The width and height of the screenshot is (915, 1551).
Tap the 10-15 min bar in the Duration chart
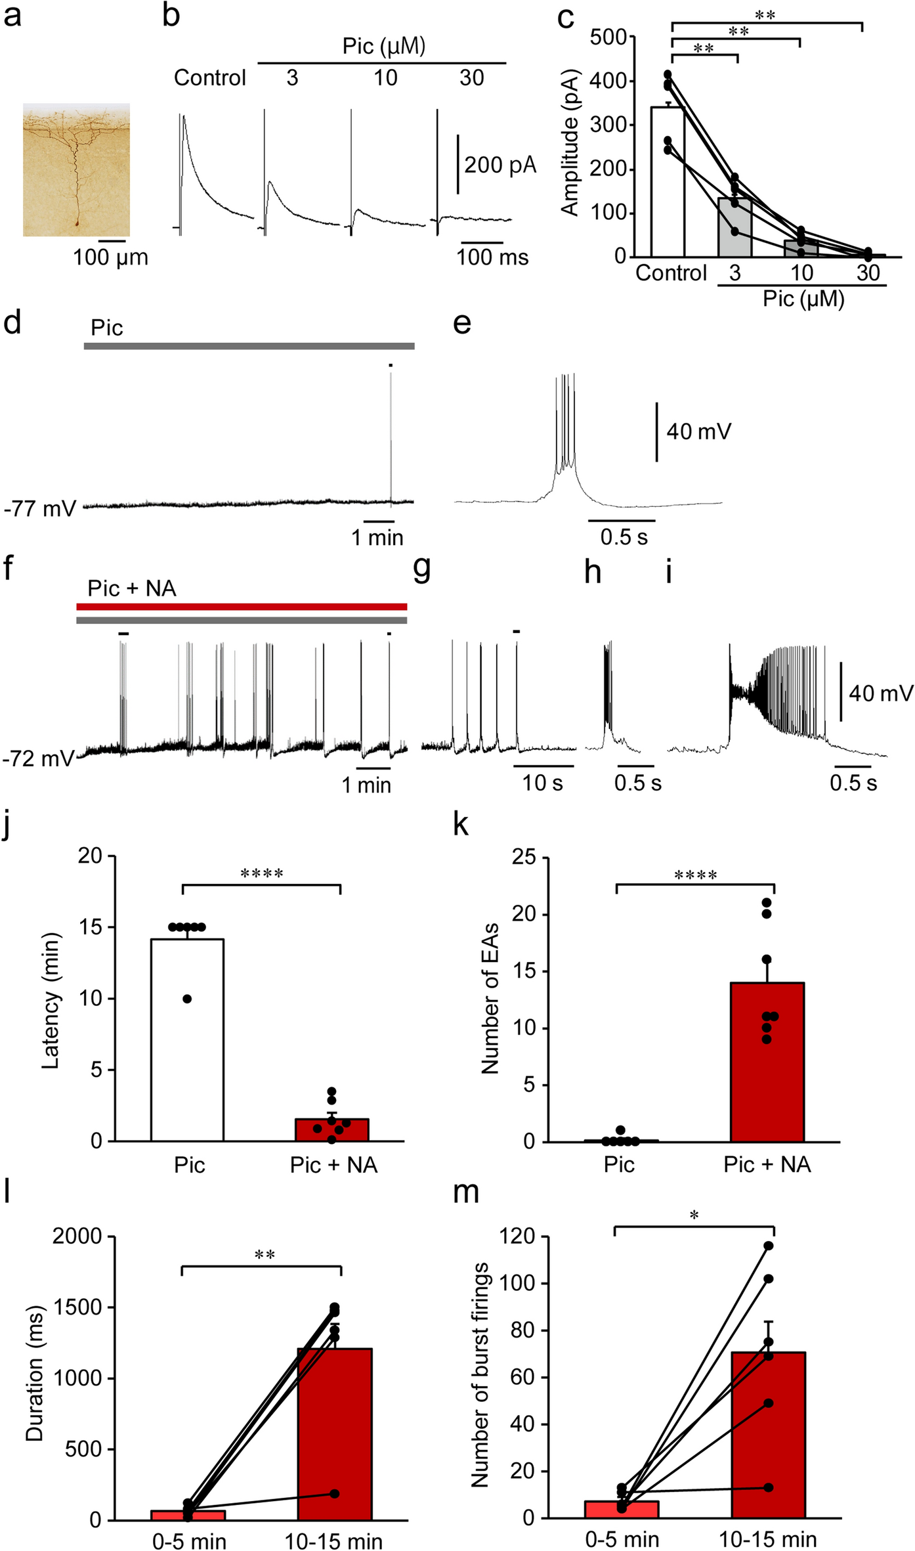335,1438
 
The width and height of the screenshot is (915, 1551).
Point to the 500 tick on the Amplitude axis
608,37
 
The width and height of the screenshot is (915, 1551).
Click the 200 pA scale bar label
500,165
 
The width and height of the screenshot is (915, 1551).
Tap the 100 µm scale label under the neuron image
110,257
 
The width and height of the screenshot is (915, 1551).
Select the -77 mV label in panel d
40,509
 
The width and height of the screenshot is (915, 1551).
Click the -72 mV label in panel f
38,758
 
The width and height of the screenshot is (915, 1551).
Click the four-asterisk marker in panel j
262,873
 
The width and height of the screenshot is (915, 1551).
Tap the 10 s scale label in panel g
543,783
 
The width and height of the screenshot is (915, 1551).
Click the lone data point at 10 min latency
187,999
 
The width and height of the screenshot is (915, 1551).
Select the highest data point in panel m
768,1246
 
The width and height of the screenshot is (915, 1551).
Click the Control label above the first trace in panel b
209,78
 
